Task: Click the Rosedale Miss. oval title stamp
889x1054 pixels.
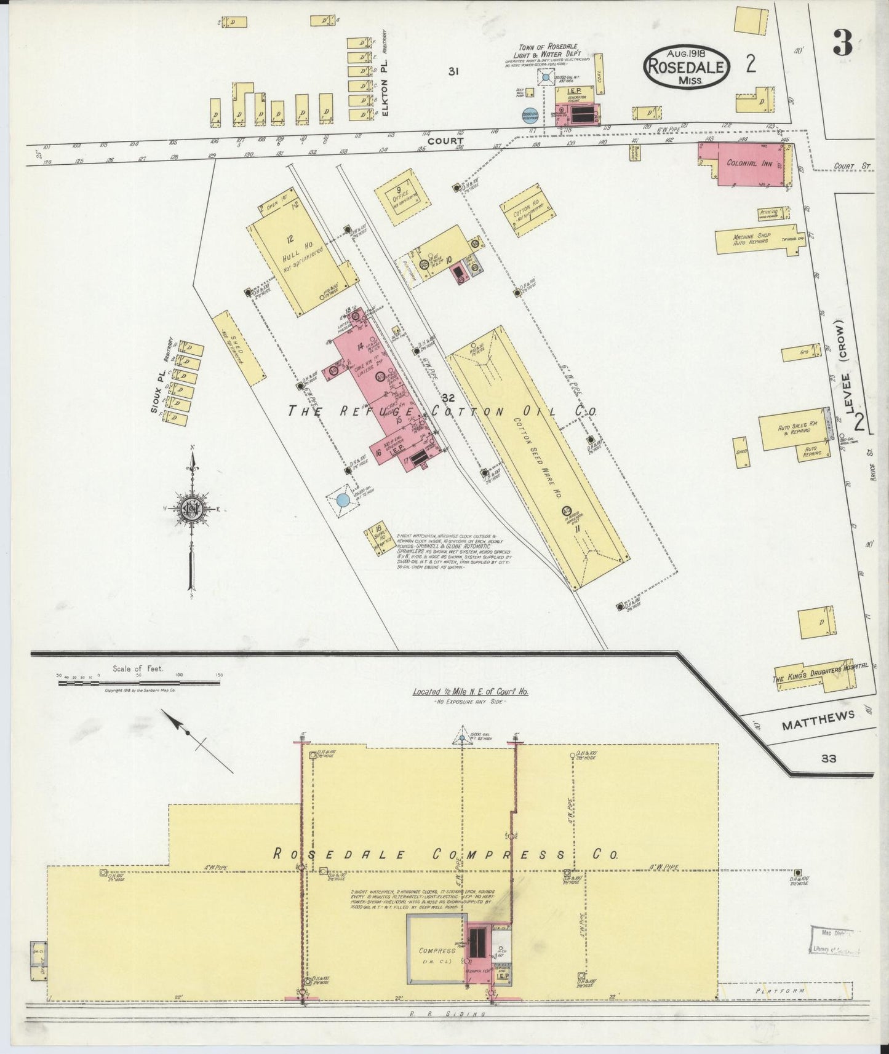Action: pos(687,67)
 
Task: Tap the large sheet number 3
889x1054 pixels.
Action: pos(842,43)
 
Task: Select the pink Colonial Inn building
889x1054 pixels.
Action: pos(745,164)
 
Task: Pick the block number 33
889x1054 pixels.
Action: pos(828,758)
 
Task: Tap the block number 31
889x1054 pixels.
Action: pos(453,71)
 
